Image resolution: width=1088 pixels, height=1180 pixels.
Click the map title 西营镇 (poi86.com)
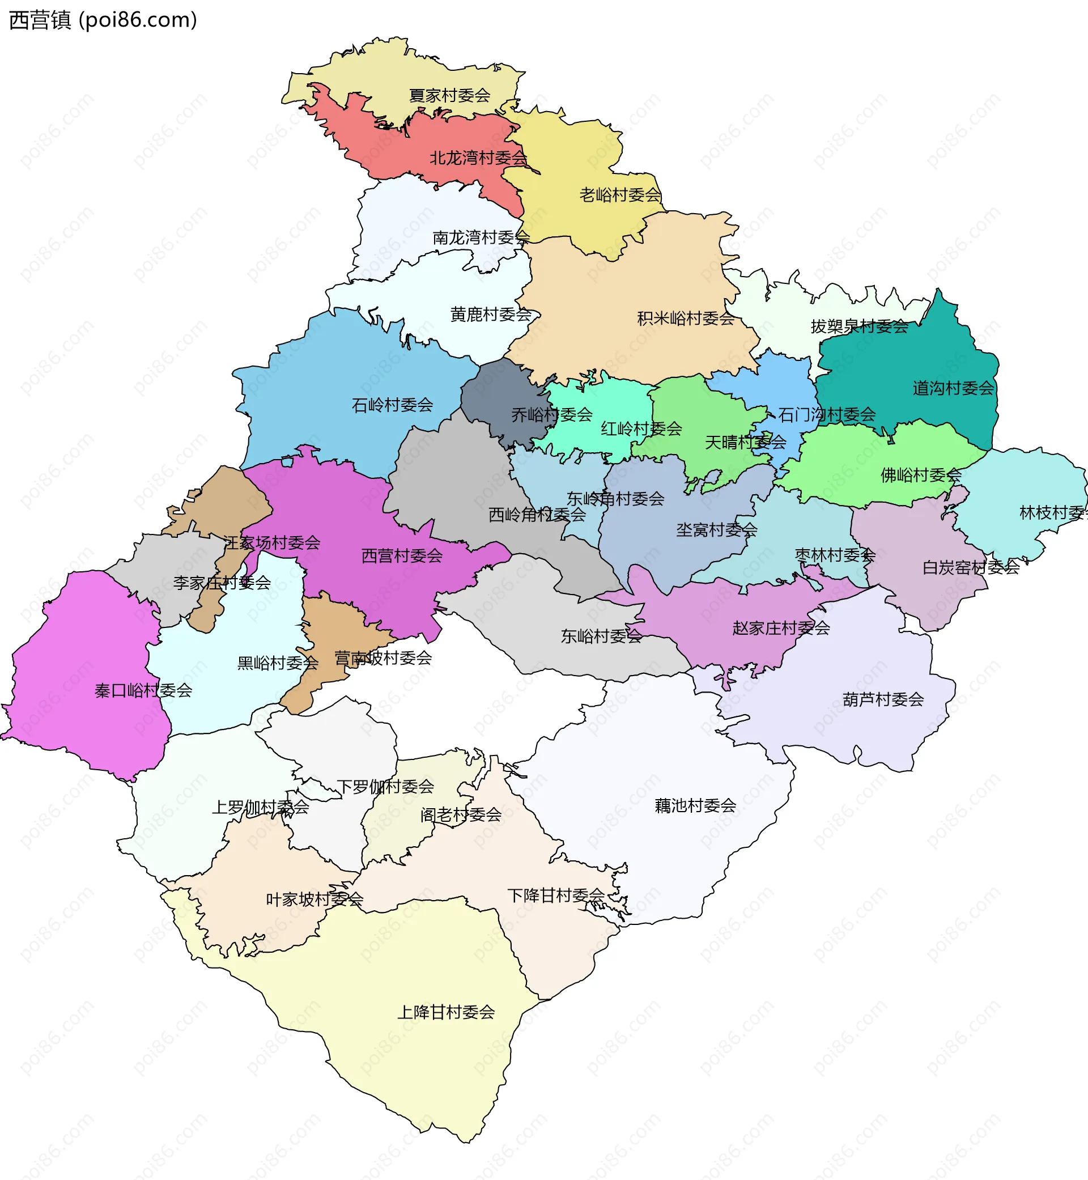pos(103,20)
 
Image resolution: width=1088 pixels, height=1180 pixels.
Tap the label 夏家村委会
pos(449,95)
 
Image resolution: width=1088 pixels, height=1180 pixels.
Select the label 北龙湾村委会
pos(478,158)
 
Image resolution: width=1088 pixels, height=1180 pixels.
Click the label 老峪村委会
pos(620,195)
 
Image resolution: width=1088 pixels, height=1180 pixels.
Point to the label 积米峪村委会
pos(685,319)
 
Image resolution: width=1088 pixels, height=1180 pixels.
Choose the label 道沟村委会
pos(953,388)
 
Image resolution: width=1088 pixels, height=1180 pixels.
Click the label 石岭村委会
pos(392,405)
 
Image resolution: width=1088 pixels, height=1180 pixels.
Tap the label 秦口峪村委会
pos(143,690)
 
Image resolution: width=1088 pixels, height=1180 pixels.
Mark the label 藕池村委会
pos(695,805)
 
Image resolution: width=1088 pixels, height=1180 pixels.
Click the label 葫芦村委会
pos(882,699)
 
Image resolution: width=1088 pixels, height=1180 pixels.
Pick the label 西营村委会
pos(402,556)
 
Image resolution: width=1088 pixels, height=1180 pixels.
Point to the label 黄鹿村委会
pos(490,315)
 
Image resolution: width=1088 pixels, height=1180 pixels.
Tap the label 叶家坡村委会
pos(314,899)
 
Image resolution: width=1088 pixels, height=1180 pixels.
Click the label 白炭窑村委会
pos(970,568)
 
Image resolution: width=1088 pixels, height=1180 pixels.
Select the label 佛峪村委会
pos(920,474)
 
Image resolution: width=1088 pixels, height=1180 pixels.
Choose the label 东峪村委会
pos(601,636)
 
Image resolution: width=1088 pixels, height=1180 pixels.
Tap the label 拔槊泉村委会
pos(859,326)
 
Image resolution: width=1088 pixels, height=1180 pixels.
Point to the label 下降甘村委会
pos(556,895)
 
